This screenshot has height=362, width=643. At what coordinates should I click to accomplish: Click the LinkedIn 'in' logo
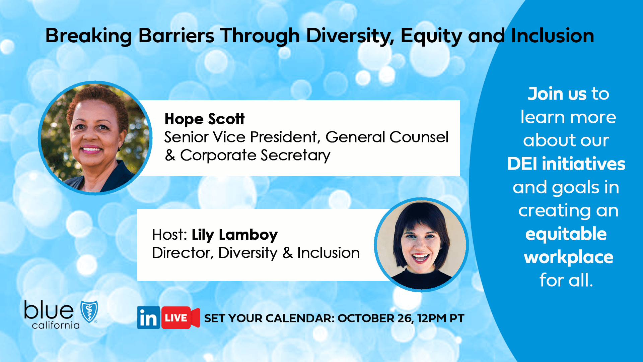click(148, 318)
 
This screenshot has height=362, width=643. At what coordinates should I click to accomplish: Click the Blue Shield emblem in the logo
click(89, 311)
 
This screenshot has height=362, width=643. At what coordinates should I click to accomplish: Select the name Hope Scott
click(204, 119)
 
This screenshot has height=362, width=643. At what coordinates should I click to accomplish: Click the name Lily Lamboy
click(234, 235)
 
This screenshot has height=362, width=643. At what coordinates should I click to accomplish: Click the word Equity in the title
click(431, 36)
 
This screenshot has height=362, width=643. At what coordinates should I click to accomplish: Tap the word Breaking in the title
click(89, 36)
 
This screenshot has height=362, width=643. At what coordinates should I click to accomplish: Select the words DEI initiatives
click(566, 164)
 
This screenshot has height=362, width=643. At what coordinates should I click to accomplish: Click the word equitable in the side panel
click(566, 234)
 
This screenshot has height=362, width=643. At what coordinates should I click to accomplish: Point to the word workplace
click(568, 257)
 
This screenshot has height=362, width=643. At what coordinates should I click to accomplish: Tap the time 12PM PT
click(441, 318)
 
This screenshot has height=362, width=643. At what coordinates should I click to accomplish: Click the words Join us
click(557, 94)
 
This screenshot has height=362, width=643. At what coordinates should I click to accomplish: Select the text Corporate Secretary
click(255, 155)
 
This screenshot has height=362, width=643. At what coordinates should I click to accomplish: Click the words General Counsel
click(387, 137)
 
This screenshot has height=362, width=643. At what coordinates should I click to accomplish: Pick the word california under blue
click(56, 325)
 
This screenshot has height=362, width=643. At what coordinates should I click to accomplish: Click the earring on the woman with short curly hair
click(119, 148)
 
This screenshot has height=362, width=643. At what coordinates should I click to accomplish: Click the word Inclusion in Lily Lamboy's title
click(328, 253)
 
